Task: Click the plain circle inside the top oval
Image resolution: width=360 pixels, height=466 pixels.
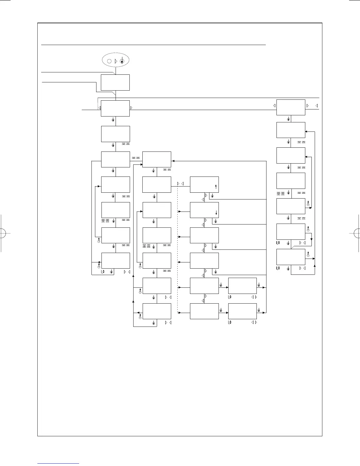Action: (x=109, y=61)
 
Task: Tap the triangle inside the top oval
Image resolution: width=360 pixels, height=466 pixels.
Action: (x=115, y=61)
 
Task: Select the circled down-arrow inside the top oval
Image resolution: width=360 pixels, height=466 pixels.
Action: (x=122, y=61)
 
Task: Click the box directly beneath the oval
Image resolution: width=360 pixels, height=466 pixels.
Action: (x=115, y=82)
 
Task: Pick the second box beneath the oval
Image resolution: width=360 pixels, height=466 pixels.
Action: (x=115, y=108)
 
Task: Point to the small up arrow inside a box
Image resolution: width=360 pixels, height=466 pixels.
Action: (x=216, y=187)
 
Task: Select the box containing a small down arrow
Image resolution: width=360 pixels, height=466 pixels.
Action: (x=204, y=210)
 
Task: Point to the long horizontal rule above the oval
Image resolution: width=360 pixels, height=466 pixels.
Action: (x=153, y=45)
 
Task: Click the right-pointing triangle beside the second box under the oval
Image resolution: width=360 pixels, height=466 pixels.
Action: (x=131, y=108)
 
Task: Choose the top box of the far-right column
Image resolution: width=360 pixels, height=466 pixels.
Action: (x=291, y=108)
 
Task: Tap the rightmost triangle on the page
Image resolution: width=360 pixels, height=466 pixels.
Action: (x=316, y=105)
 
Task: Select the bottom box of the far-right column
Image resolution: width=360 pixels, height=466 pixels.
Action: (x=291, y=257)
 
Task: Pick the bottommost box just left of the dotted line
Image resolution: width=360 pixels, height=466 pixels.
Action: (x=157, y=311)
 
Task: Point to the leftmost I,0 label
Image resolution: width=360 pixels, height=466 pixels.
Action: (x=103, y=272)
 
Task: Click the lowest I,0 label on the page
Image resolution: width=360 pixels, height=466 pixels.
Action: (x=230, y=322)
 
